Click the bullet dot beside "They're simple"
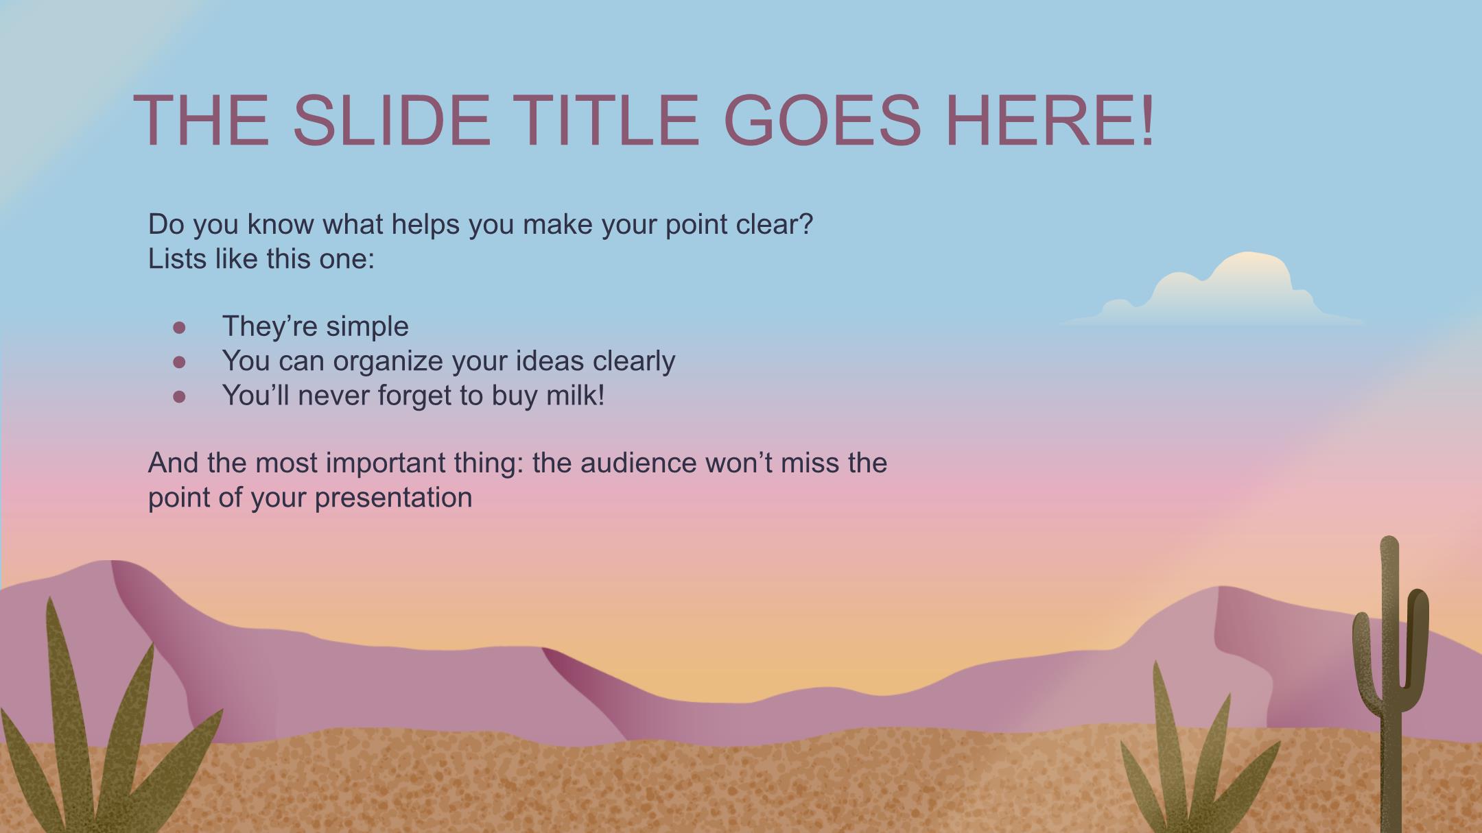tap(180, 328)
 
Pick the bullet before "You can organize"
tap(180, 362)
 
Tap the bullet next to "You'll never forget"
tap(180, 396)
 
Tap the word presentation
tap(393, 498)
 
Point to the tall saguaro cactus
tap(1390, 686)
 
